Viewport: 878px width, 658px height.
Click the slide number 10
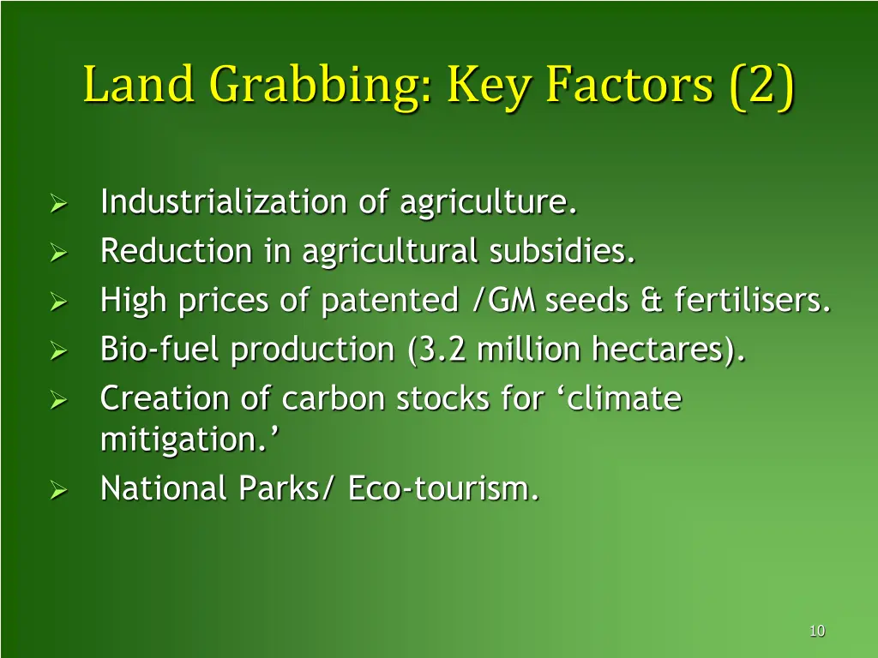tap(816, 631)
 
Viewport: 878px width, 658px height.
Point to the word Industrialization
tap(223, 203)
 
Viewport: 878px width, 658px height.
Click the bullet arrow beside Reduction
tap(57, 253)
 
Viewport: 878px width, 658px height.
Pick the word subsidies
tap(562, 252)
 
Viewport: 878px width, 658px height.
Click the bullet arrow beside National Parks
tap(57, 490)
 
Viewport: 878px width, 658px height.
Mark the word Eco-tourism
tap(443, 488)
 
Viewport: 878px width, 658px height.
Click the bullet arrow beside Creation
tap(57, 400)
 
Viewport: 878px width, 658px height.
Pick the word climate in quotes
tap(622, 398)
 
